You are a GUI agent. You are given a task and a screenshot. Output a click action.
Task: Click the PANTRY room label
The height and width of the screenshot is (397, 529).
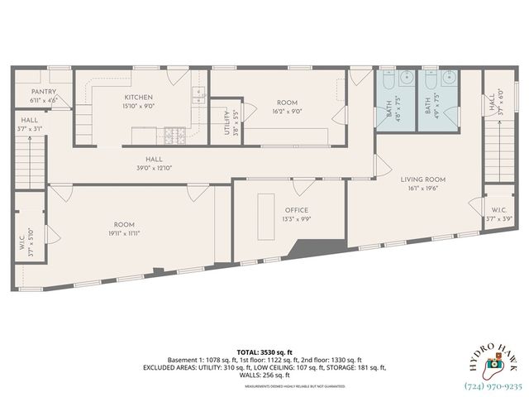(x=43, y=92)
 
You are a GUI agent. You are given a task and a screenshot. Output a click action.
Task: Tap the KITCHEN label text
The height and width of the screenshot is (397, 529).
(x=138, y=97)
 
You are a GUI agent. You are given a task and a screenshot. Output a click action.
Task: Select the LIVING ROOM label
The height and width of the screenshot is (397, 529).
(x=423, y=179)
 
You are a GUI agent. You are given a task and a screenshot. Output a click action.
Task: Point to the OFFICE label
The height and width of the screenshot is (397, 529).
(x=297, y=210)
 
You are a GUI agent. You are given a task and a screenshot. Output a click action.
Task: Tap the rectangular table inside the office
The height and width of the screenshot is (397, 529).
(x=266, y=214)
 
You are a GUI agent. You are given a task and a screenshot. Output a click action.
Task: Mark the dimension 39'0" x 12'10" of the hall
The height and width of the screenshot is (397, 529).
(x=154, y=167)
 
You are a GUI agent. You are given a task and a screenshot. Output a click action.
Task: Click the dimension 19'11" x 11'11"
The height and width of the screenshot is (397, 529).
(x=124, y=234)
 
